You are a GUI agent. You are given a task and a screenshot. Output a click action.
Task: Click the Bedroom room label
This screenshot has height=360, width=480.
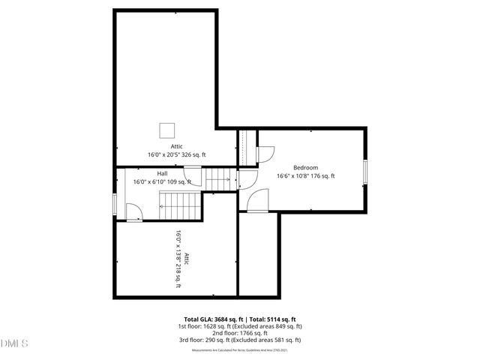[305, 167]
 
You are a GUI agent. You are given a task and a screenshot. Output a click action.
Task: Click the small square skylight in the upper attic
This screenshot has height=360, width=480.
[166, 129]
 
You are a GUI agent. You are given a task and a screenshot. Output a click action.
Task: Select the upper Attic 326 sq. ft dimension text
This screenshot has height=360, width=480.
[176, 154]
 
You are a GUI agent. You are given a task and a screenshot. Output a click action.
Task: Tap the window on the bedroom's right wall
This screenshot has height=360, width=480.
[366, 171]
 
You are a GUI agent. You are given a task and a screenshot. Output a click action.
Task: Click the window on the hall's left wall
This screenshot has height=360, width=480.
[115, 204]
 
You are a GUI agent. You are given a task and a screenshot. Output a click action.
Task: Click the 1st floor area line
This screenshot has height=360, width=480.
[240, 326]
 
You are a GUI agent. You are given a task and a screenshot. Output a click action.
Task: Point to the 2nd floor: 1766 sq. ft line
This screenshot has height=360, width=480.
[240, 334]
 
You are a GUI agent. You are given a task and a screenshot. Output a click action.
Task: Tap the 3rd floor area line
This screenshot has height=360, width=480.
[240, 341]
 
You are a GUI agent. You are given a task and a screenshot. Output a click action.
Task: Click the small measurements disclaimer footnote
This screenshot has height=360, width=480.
[240, 349]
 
